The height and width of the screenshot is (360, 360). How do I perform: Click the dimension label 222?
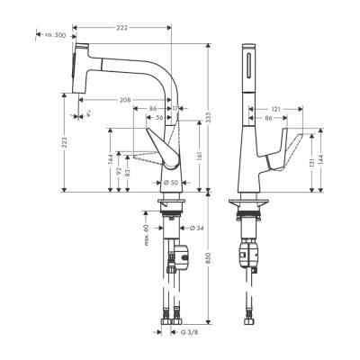point(121,29)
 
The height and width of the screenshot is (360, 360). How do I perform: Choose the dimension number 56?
point(158,117)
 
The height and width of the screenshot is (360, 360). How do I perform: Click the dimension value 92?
point(119,163)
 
